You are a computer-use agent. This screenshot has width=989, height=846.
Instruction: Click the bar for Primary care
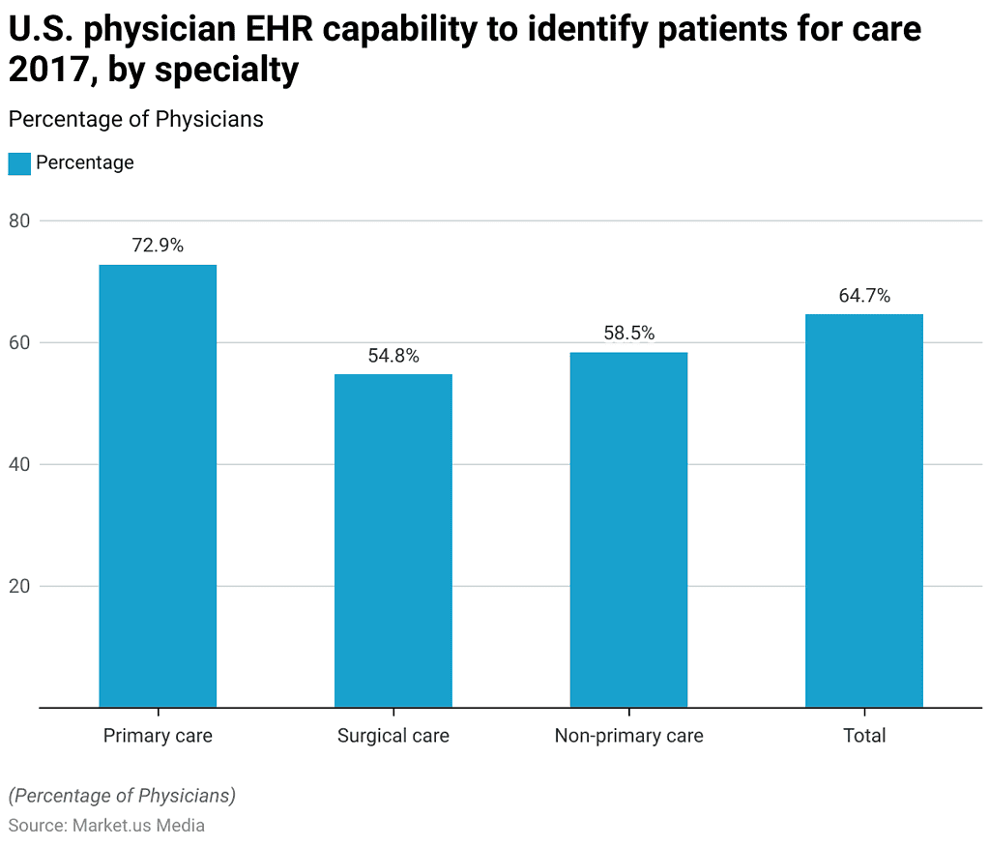pyautogui.click(x=158, y=485)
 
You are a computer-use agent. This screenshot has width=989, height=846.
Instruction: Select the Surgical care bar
pyautogui.click(x=393, y=540)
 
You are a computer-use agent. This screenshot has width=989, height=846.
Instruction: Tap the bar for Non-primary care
pyautogui.click(x=628, y=529)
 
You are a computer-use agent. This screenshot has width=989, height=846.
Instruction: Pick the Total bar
pyautogui.click(x=864, y=511)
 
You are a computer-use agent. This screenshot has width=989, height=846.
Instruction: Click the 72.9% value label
pyautogui.click(x=158, y=246)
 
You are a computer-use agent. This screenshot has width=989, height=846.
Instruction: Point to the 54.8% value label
pyautogui.click(x=393, y=356)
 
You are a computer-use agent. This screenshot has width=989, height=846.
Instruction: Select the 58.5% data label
pyautogui.click(x=628, y=334)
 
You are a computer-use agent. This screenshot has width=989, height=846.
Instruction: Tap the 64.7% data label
pyautogui.click(x=864, y=296)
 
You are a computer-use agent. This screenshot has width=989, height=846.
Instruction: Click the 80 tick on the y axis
pyautogui.click(x=20, y=221)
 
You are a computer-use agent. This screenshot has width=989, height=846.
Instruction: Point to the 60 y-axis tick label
pyautogui.click(x=20, y=343)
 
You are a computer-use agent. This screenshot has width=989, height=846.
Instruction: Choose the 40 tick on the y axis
pyautogui.click(x=20, y=465)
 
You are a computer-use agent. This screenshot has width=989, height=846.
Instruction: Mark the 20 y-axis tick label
pyautogui.click(x=20, y=587)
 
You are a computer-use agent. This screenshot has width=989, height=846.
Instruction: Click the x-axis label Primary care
pyautogui.click(x=158, y=736)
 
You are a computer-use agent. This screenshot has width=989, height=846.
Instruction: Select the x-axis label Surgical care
pyautogui.click(x=393, y=736)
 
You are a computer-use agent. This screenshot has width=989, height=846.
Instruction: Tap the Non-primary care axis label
pyautogui.click(x=628, y=736)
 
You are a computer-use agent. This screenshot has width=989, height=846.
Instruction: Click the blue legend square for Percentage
pyautogui.click(x=19, y=163)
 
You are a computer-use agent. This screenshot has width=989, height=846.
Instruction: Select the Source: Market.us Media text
pyautogui.click(x=106, y=826)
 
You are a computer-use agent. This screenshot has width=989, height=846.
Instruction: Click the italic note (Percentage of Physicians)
pyautogui.click(x=122, y=796)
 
